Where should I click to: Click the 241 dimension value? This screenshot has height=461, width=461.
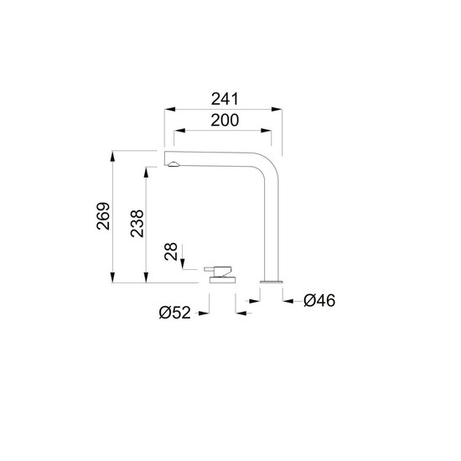[x=225, y=99]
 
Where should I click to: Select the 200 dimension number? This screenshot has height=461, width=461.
[x=225, y=120]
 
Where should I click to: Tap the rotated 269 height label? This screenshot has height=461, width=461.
[x=103, y=216]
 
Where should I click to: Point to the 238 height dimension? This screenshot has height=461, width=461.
[x=137, y=224]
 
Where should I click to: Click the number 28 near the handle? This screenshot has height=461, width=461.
[x=171, y=251]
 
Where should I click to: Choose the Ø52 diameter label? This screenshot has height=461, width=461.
[x=174, y=313]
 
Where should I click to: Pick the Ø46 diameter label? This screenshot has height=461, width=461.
[x=319, y=300]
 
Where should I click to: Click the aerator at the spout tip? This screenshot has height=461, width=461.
[x=174, y=164]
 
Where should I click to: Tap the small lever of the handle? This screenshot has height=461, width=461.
[x=210, y=269]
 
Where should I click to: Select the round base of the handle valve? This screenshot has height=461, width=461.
[x=223, y=280]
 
